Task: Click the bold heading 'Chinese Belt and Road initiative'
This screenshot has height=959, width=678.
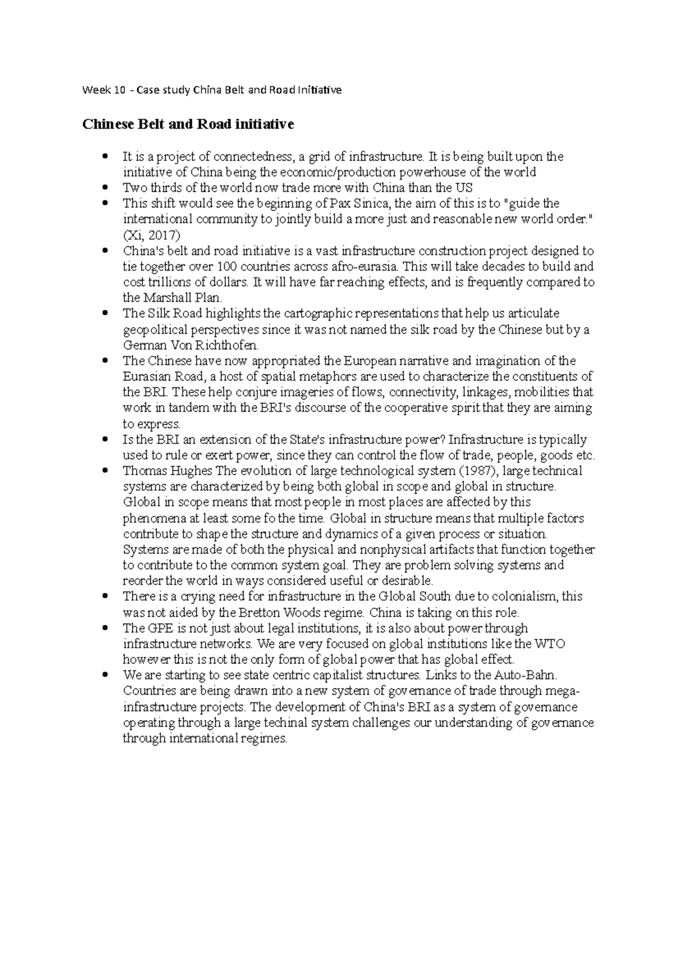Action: tap(188, 124)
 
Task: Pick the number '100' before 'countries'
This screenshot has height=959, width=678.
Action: tap(219, 266)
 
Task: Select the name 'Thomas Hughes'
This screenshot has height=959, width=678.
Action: tap(167, 471)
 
